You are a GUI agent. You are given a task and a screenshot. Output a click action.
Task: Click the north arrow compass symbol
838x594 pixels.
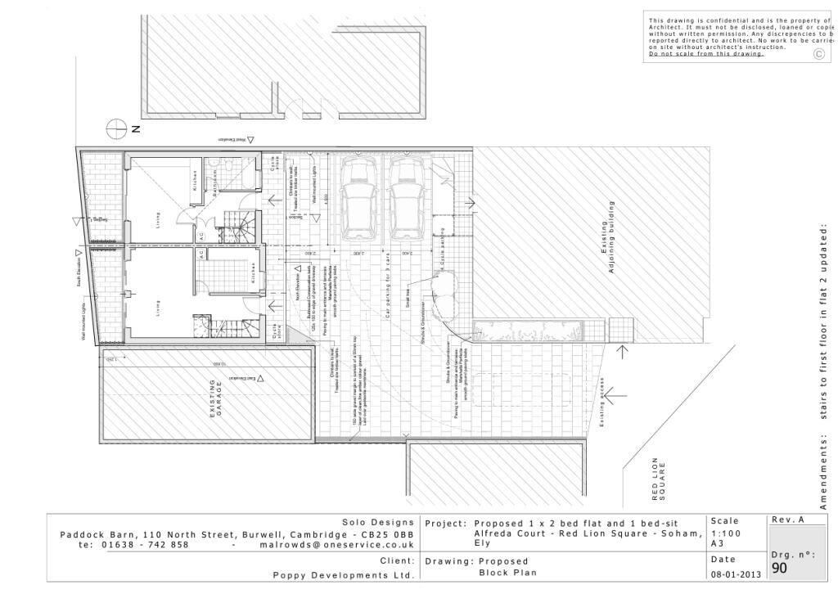tap(119, 128)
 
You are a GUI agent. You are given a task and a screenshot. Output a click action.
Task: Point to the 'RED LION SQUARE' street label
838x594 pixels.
tap(659, 479)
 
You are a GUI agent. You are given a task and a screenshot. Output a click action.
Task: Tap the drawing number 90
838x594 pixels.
tap(779, 568)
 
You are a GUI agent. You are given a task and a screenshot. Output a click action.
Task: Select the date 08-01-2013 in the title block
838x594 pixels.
tap(737, 575)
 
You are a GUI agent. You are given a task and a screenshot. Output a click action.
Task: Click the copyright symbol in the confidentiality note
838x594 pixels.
tap(818, 54)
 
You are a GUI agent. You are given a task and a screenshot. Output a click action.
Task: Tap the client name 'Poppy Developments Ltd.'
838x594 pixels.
tap(343, 575)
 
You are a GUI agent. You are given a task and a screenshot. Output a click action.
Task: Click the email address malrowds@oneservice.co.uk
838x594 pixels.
tap(336, 544)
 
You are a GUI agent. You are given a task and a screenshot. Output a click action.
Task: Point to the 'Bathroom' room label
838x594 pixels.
tap(215, 182)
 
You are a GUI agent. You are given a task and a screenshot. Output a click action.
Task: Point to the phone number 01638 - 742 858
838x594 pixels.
tap(145, 544)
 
